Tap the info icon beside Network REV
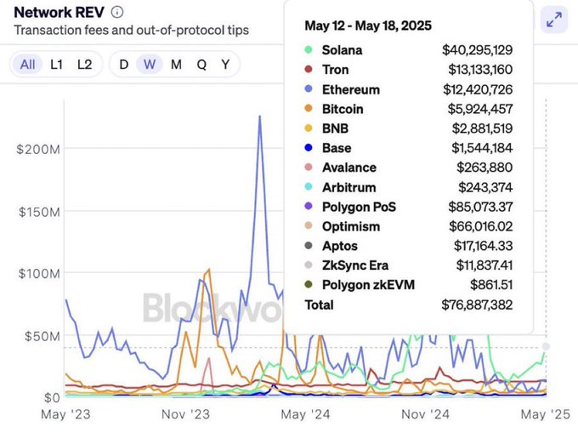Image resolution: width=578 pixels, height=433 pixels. pos(117,12)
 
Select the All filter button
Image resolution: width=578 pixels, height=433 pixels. pos(28,65)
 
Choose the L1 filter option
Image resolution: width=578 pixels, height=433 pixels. pos(56,65)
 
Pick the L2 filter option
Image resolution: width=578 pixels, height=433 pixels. pos(84,65)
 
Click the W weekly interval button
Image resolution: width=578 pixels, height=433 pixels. pos(150,65)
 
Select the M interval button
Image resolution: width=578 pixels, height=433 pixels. pos(175,65)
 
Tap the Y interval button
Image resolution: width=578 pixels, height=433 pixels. pos(225,65)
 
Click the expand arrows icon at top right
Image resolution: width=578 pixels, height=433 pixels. pos(553,20)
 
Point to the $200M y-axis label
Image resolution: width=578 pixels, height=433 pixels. pos(37,149)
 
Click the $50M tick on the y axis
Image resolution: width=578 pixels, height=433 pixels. pos(40,336)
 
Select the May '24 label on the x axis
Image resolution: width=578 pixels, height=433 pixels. pos(306,414)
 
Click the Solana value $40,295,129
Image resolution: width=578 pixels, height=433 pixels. pos(477,50)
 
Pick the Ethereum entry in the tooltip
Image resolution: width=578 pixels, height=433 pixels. pos(350,89)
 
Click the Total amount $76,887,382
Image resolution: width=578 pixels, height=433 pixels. pos(477,305)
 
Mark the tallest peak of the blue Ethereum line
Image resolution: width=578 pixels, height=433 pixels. pos(259,117)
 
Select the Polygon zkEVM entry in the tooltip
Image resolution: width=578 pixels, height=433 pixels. pos(367,285)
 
